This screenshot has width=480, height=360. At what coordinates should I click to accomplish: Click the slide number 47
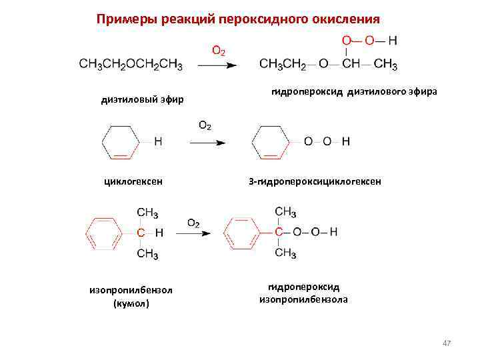tap(447, 343)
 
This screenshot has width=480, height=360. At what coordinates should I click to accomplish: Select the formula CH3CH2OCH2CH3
tap(131, 65)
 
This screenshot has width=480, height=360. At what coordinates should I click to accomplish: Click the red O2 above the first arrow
tap(218, 50)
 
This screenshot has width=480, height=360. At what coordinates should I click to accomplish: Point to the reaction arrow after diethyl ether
tap(218, 65)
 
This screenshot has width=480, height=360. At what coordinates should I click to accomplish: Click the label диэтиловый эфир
tap(141, 100)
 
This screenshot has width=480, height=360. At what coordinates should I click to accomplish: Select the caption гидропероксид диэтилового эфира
tap(354, 92)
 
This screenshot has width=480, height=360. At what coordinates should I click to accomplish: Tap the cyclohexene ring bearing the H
tap(121, 142)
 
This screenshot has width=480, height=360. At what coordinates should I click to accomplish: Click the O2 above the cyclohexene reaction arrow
tap(206, 125)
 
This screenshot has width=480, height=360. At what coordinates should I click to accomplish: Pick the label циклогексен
tap(133, 181)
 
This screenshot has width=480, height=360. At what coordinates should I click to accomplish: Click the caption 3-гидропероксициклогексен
tap(315, 181)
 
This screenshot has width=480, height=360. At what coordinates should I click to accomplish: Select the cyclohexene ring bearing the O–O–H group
tap(270, 142)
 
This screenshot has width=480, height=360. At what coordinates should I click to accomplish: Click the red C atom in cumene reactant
tap(141, 233)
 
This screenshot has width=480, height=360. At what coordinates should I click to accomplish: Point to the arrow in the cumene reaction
tap(197, 233)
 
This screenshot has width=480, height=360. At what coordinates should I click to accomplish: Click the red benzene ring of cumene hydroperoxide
tap(242, 233)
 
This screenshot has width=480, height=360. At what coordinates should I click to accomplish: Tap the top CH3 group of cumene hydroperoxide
tap(285, 212)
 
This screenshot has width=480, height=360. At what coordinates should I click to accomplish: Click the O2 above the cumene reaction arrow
tap(193, 223)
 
